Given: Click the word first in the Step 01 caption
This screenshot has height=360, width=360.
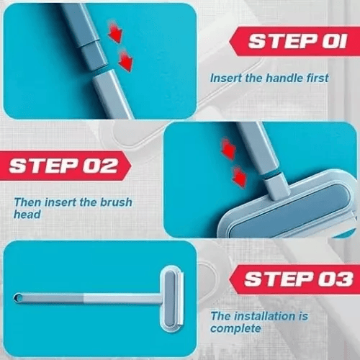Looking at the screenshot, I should coord(315,78).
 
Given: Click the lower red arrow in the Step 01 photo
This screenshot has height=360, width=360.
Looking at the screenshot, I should coord(125,60).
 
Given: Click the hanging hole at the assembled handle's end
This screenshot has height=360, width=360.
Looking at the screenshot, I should coord(18,297).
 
